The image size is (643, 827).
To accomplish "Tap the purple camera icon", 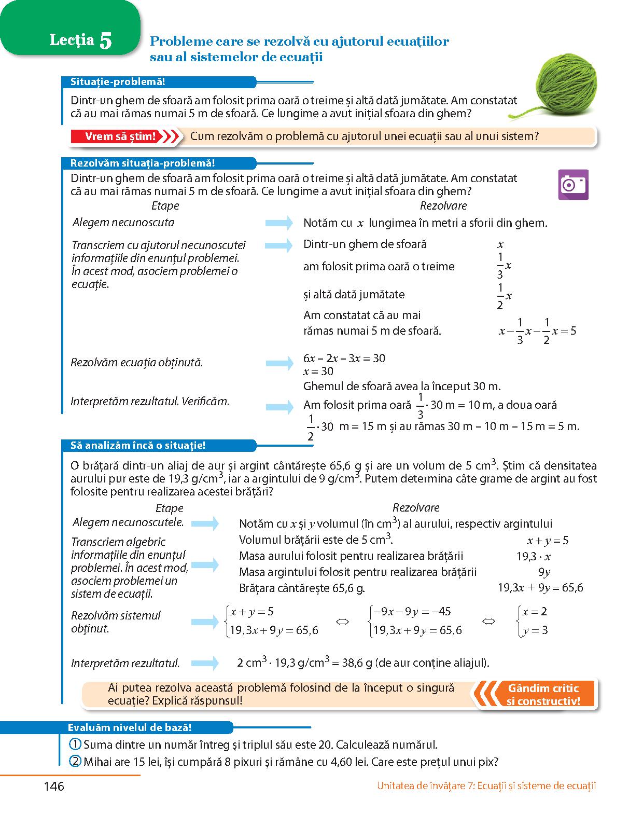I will (573, 184).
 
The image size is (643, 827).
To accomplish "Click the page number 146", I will (54, 787).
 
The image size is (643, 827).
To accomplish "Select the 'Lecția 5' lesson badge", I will (80, 40).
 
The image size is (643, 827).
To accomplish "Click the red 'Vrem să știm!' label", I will (120, 136).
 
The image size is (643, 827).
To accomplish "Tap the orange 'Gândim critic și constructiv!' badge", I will (543, 695).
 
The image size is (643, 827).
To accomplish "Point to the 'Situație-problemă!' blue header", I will (118, 82).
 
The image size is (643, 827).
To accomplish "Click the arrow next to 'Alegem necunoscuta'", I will (279, 223).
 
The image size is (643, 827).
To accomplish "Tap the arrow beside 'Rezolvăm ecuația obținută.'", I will (279, 363).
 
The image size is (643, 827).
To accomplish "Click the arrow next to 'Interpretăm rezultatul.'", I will (205, 663).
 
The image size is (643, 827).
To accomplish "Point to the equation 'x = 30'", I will (318, 371).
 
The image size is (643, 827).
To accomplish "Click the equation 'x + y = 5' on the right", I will (548, 541).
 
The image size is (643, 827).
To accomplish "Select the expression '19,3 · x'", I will (534, 557).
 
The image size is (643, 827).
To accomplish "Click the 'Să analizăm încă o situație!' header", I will (137, 445).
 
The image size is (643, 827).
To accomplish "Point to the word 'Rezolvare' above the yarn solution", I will (443, 206).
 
